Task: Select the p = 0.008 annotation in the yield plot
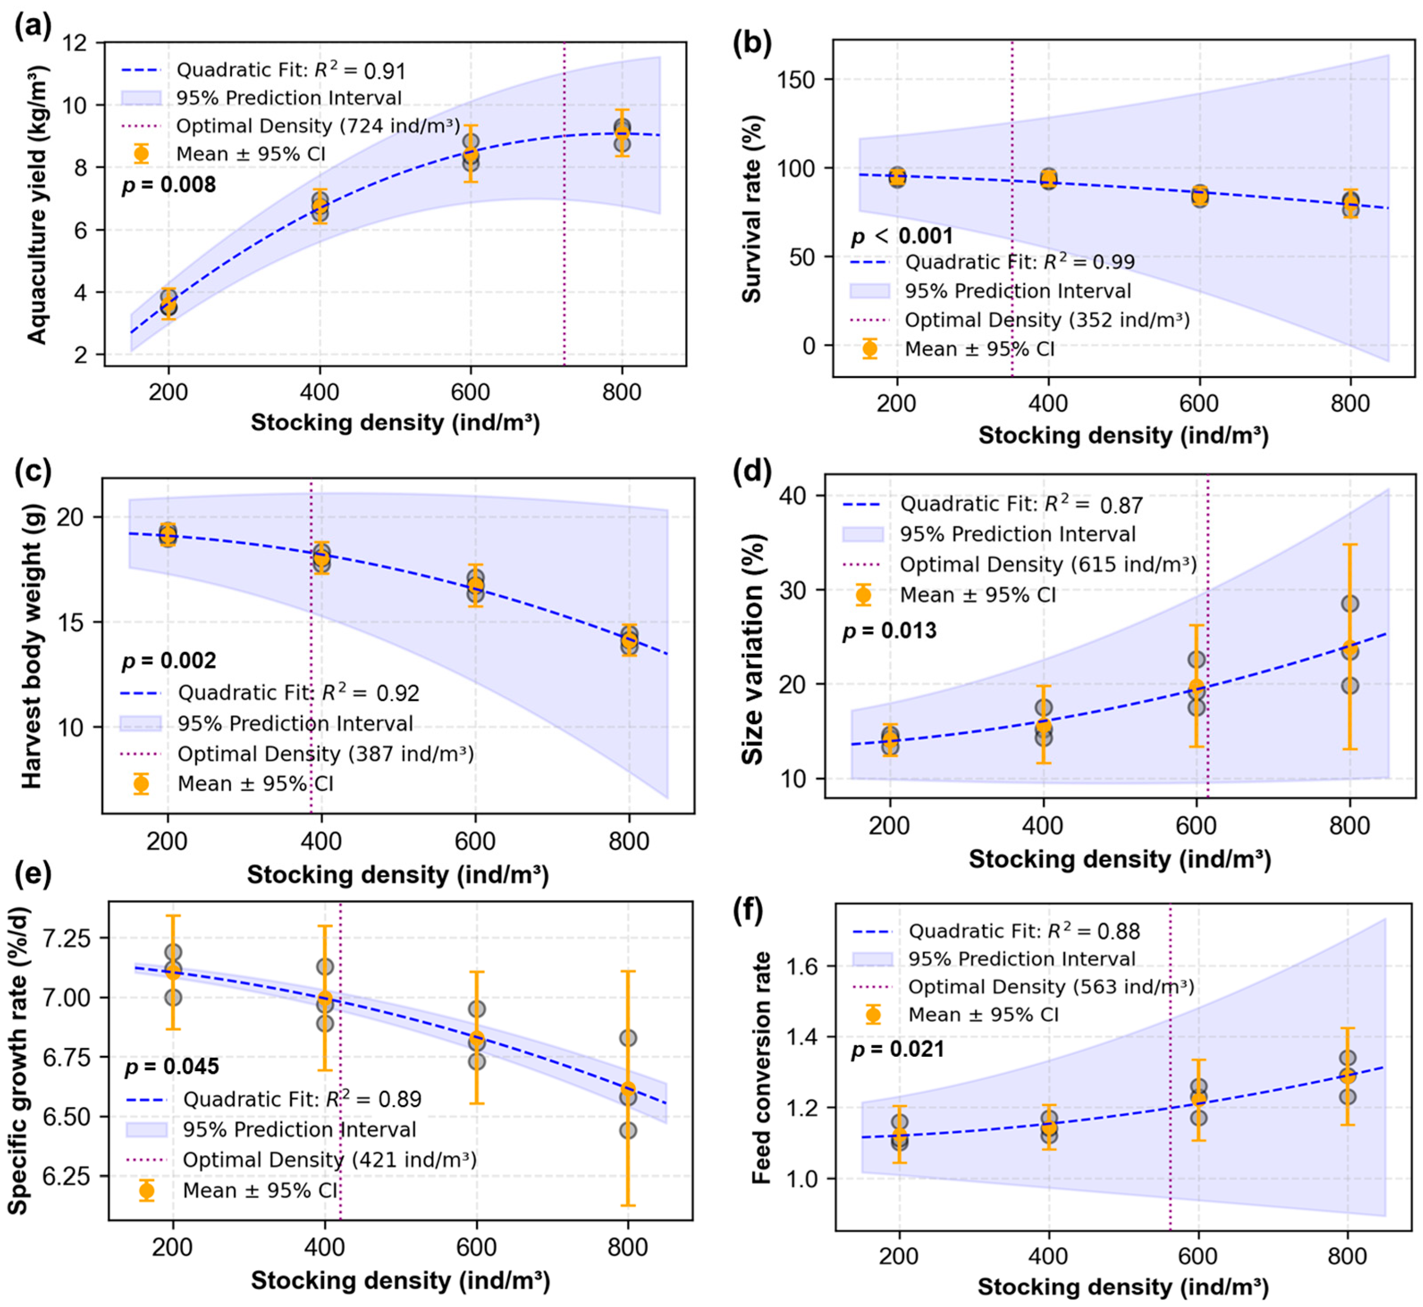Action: (168, 185)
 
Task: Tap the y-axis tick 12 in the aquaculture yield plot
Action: (75, 43)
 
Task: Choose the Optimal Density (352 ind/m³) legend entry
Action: (1047, 320)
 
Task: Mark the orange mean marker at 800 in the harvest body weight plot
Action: (629, 641)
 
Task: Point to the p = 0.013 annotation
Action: (889, 631)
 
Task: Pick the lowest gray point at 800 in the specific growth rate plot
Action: (627, 1130)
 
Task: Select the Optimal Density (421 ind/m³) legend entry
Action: (329, 1160)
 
